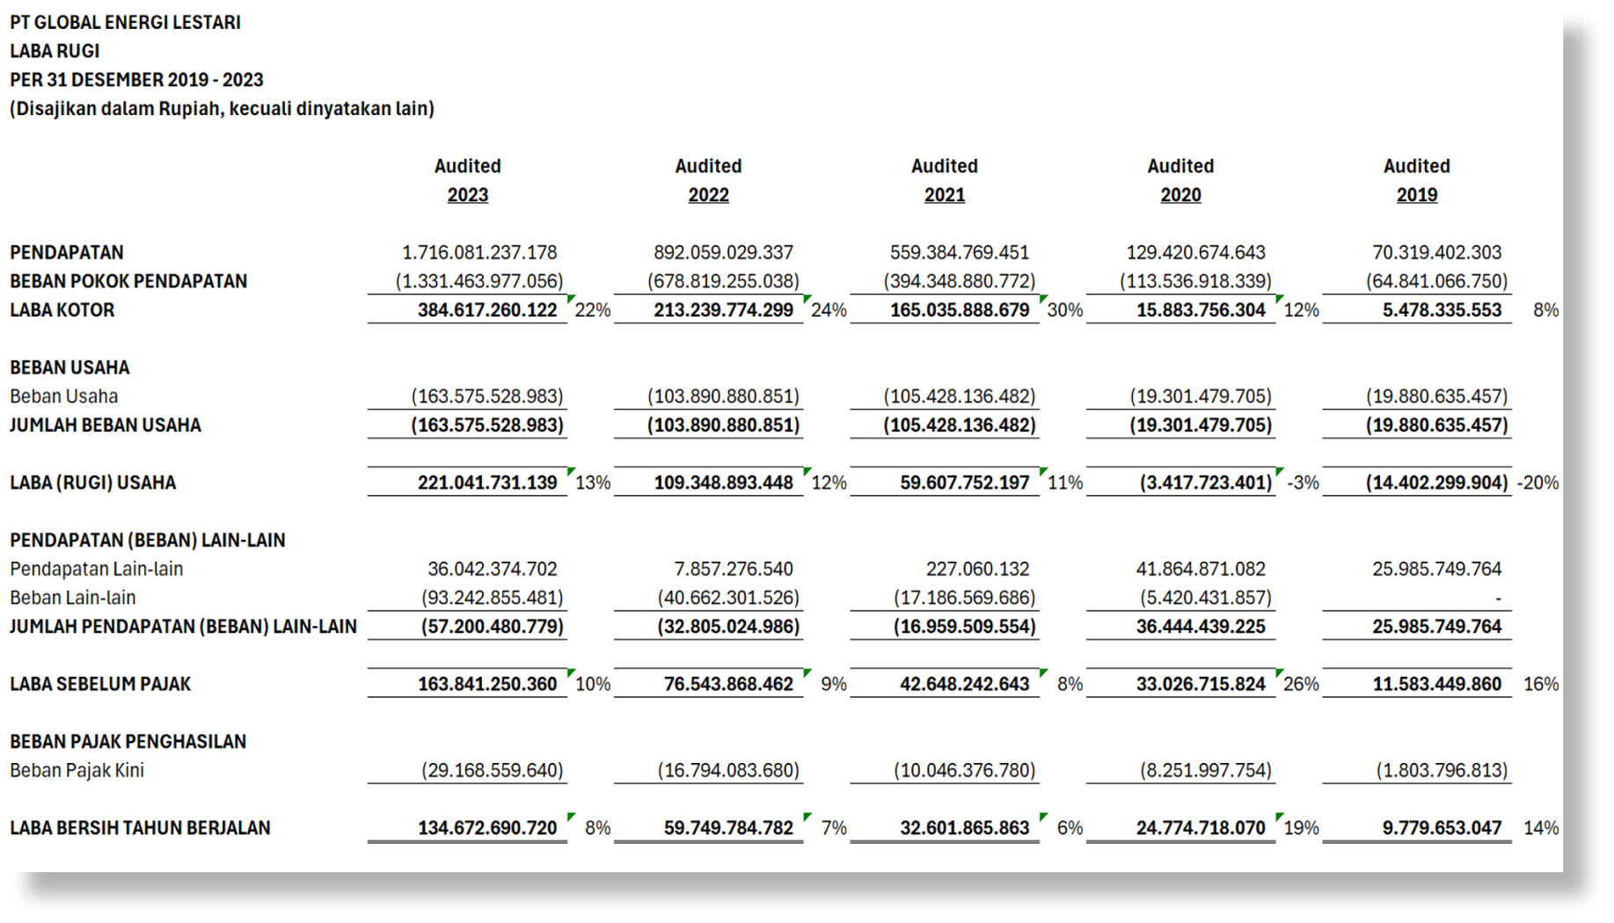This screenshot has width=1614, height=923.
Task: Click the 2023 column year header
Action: click(x=467, y=195)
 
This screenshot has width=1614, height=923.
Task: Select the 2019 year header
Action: click(x=1416, y=195)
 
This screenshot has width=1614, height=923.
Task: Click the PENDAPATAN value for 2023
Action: click(x=479, y=253)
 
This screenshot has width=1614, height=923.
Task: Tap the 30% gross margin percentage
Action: click(x=1065, y=310)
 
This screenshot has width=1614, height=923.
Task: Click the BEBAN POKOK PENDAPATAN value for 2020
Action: click(x=1195, y=281)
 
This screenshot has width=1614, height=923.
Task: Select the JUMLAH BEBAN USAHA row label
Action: click(x=106, y=425)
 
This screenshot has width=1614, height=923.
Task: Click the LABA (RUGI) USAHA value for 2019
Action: click(x=1436, y=483)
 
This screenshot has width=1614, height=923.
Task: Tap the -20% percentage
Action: click(x=1537, y=483)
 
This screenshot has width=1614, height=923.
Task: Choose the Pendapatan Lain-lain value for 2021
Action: click(x=977, y=569)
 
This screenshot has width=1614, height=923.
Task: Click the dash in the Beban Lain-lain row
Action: click(x=1498, y=599)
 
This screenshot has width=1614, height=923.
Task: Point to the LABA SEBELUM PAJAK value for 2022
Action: click(x=728, y=684)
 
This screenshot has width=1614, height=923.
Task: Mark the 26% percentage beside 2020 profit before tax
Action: click(x=1301, y=684)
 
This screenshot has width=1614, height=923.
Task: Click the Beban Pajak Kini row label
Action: click(x=77, y=770)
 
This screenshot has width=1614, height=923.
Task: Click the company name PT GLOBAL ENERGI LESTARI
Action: click(x=125, y=23)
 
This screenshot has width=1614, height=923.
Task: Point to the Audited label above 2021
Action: click(x=944, y=166)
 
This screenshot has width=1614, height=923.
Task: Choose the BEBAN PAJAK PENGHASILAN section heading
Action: click(x=128, y=742)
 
